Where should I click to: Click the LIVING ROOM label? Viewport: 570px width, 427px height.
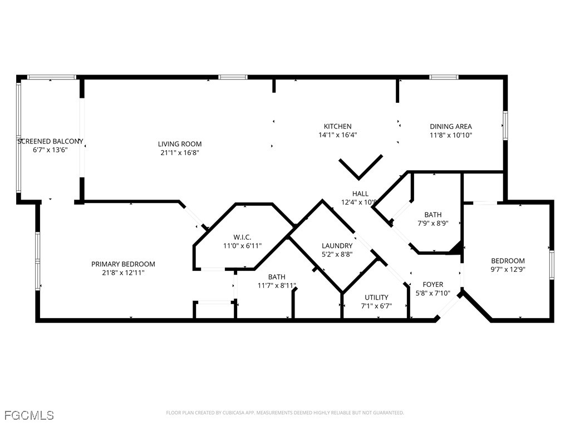click(179, 144)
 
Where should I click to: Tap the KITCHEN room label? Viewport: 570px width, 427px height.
click(338, 126)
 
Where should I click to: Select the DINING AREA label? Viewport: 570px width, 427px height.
click(450, 126)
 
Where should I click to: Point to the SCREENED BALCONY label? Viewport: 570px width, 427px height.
click(50, 141)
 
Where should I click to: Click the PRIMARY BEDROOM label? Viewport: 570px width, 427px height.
click(123, 264)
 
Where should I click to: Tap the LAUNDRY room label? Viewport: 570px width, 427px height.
click(337, 246)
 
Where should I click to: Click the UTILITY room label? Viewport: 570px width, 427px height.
click(376, 297)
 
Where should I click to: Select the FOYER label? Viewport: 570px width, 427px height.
click(433, 285)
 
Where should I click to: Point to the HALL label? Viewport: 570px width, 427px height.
click(360, 193)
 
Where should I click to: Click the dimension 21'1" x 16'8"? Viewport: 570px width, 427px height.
click(179, 152)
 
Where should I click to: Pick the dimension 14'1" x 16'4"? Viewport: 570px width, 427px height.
click(338, 135)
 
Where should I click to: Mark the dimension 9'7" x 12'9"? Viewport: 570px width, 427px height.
click(507, 270)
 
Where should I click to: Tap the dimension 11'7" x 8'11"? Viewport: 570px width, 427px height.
click(277, 285)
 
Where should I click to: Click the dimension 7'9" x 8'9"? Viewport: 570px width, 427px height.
click(433, 223)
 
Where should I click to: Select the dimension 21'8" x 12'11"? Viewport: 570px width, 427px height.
click(123, 272)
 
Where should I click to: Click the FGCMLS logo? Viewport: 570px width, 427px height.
click(29, 415)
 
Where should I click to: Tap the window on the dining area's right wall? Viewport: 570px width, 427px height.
click(505, 125)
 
